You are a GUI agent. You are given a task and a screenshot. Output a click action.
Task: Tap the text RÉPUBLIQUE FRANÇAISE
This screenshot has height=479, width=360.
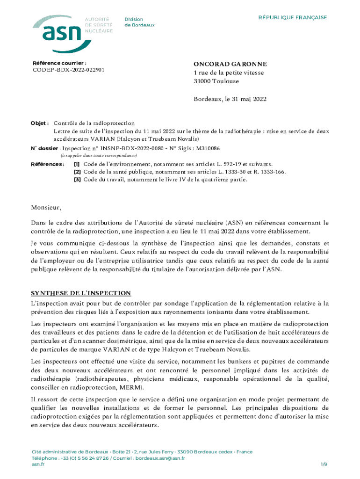pos(293,18)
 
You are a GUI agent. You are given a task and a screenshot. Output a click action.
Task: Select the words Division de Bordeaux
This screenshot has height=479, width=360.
pos(139,22)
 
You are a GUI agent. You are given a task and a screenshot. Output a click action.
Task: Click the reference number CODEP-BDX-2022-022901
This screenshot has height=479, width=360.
pos(68,70)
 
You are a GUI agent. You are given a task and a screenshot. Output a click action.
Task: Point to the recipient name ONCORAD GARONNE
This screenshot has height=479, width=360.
pos(230,64)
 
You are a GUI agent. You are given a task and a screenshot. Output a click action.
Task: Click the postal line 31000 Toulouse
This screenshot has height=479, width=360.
pos(216,81)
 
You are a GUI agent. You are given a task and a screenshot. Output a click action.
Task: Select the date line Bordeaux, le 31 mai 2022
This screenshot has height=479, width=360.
pos(230,99)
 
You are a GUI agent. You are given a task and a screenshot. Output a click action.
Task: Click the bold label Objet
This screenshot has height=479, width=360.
pos(40,123)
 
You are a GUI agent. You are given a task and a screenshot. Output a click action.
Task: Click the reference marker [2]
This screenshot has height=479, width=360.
pos(77,172)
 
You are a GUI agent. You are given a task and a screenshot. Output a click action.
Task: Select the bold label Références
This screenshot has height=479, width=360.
pos(47,164)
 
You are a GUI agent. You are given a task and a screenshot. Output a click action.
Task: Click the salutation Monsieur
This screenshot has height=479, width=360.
pos(46,207)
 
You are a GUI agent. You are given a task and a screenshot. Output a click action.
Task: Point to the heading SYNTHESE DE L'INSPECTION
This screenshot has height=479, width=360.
pos(81,293)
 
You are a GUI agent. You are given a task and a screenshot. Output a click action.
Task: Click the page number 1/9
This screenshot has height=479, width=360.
pos(324,464)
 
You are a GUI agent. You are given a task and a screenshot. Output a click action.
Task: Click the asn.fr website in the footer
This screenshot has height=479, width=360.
pos(38,464)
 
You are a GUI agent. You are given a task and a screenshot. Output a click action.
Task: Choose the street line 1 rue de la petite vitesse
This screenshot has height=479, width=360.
pos(229,73)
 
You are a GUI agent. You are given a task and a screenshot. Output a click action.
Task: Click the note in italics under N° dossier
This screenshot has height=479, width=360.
pos(99,155)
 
